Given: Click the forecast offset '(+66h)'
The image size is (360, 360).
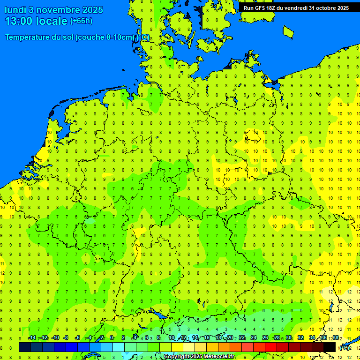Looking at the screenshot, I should (x=81, y=21).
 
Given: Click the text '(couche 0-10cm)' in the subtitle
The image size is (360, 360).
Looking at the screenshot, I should (x=105, y=37).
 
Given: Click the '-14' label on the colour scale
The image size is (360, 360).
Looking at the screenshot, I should (x=32, y=338).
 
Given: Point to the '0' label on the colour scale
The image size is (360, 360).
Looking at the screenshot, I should (x=112, y=338).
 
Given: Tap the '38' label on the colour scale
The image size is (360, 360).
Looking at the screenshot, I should (x=336, y=338).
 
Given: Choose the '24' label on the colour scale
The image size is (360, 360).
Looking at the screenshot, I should (x=254, y=338).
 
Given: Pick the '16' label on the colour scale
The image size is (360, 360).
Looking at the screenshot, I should (x=206, y=338).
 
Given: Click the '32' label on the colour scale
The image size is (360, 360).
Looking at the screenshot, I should (x=300, y=338).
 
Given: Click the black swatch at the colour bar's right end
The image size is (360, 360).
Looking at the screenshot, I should (x=330, y=347).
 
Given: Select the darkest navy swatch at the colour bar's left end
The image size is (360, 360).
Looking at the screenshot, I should (x=25, y=347).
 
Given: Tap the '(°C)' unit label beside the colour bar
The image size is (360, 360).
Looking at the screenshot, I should (x=345, y=347).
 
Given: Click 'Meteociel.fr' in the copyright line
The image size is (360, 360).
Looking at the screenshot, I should (x=218, y=357).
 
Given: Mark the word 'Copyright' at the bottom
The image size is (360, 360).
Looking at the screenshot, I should (x=177, y=357).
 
